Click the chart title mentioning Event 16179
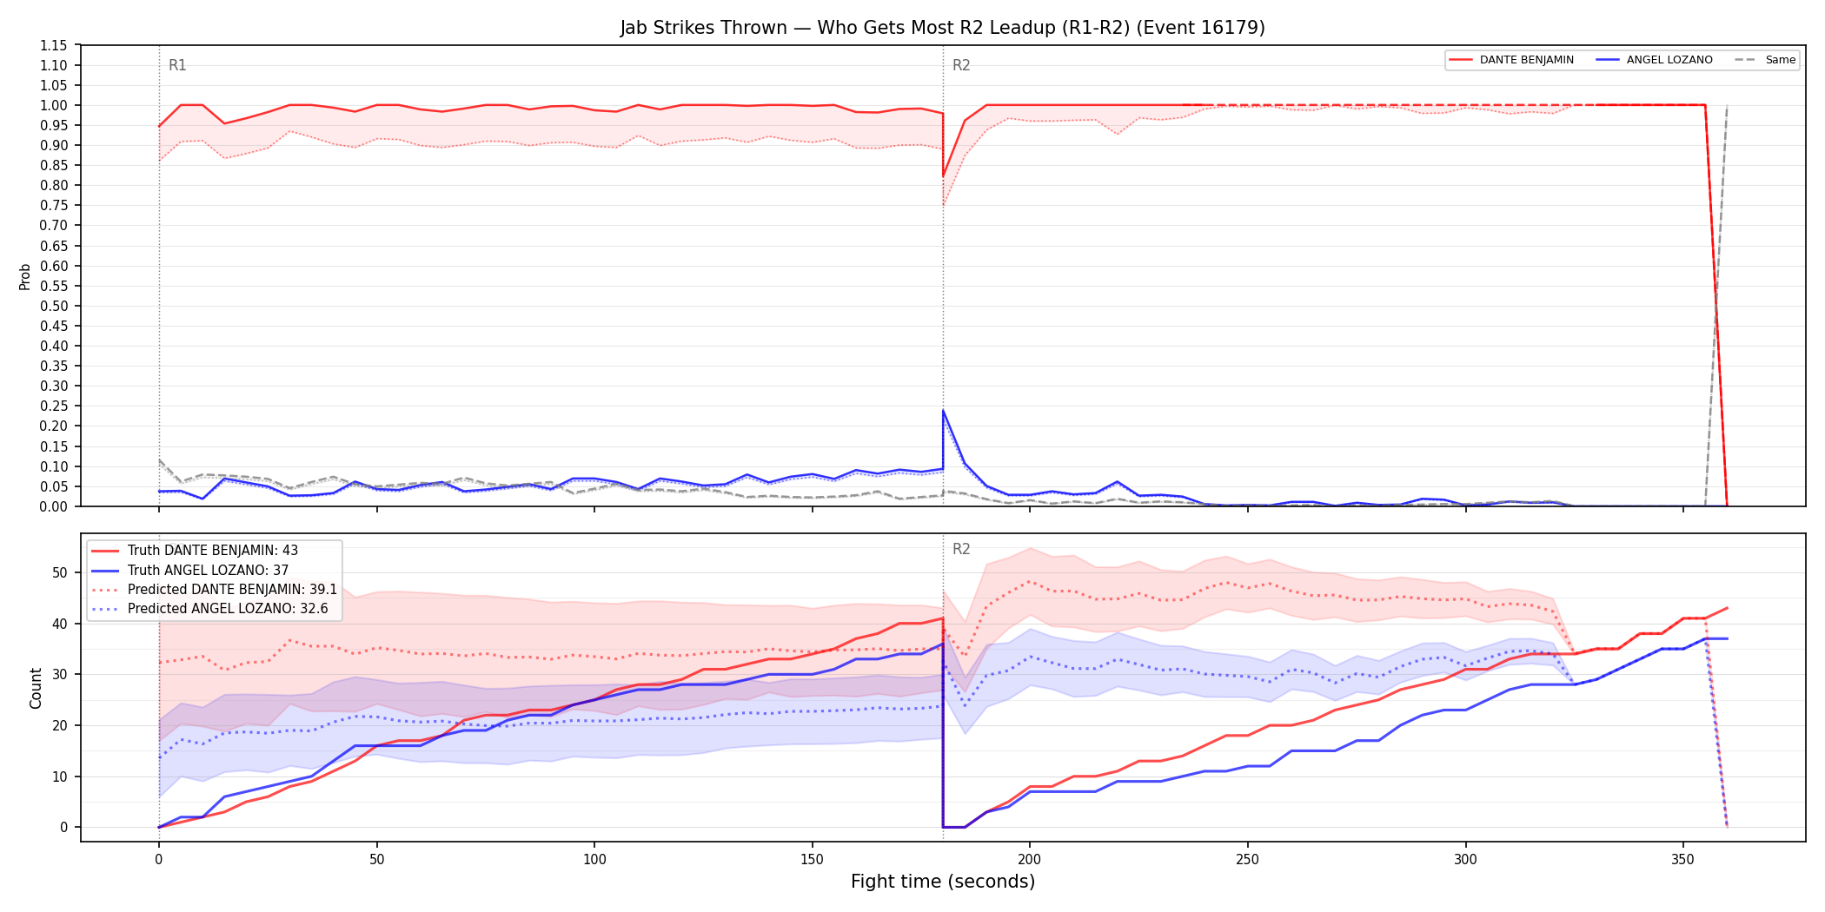click(942, 28)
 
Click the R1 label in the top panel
click(177, 65)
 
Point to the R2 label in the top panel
click(961, 65)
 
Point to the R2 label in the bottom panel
click(961, 549)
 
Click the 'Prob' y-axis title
click(24, 276)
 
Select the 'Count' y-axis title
click(36, 688)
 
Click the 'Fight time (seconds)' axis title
click(943, 882)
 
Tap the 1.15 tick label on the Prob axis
click(53, 45)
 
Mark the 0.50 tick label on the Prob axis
click(53, 306)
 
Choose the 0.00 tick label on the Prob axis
click(53, 506)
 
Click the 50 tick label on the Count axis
click(59, 572)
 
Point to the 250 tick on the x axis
click(1247, 860)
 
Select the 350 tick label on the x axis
click(1682, 860)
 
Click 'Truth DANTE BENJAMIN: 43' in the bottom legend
click(213, 551)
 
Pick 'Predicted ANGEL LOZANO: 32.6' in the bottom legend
click(228, 609)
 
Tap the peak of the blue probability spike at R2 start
click(943, 411)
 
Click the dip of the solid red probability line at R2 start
click(943, 176)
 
